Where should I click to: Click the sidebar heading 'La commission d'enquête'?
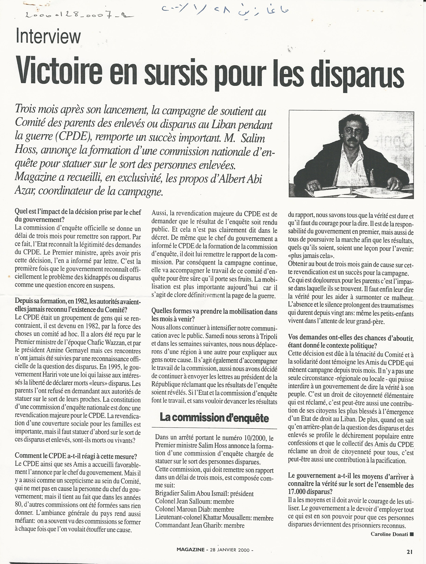coord(214,418)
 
